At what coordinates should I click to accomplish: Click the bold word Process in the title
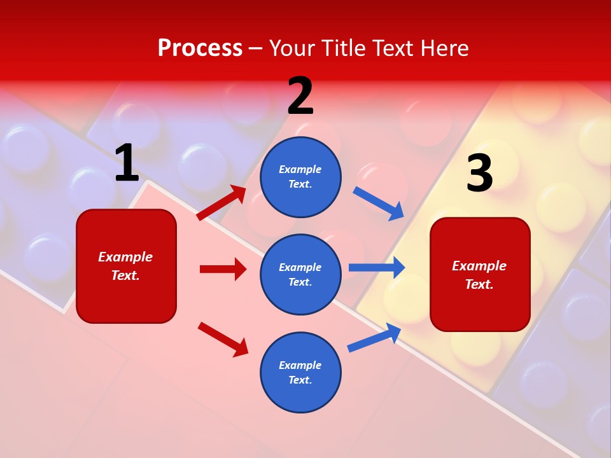tap(200, 48)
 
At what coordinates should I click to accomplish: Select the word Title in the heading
tap(342, 48)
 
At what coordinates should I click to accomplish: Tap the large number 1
tap(127, 163)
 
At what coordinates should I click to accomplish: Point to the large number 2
tap(300, 96)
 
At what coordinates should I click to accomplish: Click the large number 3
tap(479, 174)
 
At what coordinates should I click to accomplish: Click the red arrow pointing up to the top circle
tap(222, 203)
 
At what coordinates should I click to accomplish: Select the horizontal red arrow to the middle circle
tap(223, 269)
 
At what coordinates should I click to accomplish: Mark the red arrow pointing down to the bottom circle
tap(223, 339)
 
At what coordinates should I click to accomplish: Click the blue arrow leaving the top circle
tap(379, 203)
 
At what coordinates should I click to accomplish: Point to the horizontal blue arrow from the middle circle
tap(377, 267)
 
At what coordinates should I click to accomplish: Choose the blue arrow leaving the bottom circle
tap(374, 338)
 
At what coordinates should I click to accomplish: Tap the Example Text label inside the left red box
tap(125, 266)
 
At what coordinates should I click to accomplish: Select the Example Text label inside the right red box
tap(479, 275)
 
